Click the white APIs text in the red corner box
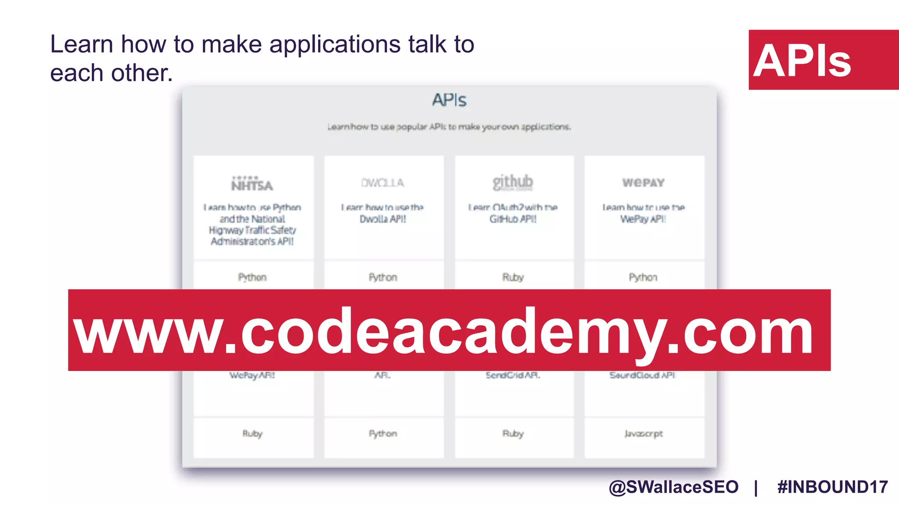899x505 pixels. pos(802,61)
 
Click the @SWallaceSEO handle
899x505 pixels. pos(673,487)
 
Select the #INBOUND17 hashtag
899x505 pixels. pos(832,487)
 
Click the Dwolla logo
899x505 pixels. pos(382,183)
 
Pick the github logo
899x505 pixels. pos(513,182)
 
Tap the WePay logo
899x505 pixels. pos(643,182)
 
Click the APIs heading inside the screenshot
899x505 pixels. pos(449,100)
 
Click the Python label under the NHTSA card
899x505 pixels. pos(252,277)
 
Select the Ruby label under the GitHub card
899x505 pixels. pos(513,277)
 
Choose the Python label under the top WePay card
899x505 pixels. pos(643,277)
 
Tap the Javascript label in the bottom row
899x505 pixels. pos(643,434)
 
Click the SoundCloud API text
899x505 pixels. pos(642,375)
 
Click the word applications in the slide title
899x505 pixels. pos(335,45)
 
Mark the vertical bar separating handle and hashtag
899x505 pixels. pos(756,487)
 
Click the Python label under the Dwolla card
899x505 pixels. pos(383,277)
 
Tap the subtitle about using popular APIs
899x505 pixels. pos(449,127)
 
